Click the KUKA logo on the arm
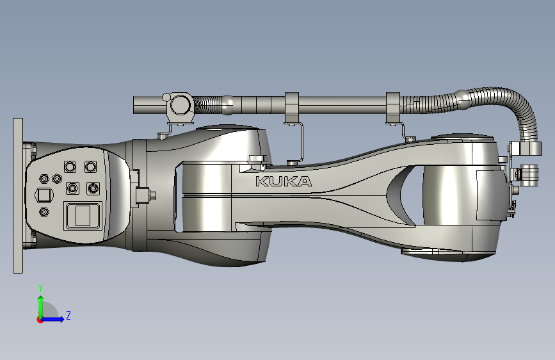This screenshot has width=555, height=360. click(x=284, y=181)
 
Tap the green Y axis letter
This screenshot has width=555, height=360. click(x=40, y=288)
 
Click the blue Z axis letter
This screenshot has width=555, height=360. click(x=68, y=315)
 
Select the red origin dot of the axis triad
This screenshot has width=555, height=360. click(x=40, y=320)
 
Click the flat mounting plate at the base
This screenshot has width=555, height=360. click(x=18, y=195)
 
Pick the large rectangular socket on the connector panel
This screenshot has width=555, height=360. click(x=83, y=216)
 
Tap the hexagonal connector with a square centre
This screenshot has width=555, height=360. click(x=44, y=195)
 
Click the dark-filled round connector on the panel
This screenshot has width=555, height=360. click(x=93, y=188)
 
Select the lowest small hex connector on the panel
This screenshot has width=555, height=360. click(x=44, y=212)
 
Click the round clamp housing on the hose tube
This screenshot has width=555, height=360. click(x=181, y=104)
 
